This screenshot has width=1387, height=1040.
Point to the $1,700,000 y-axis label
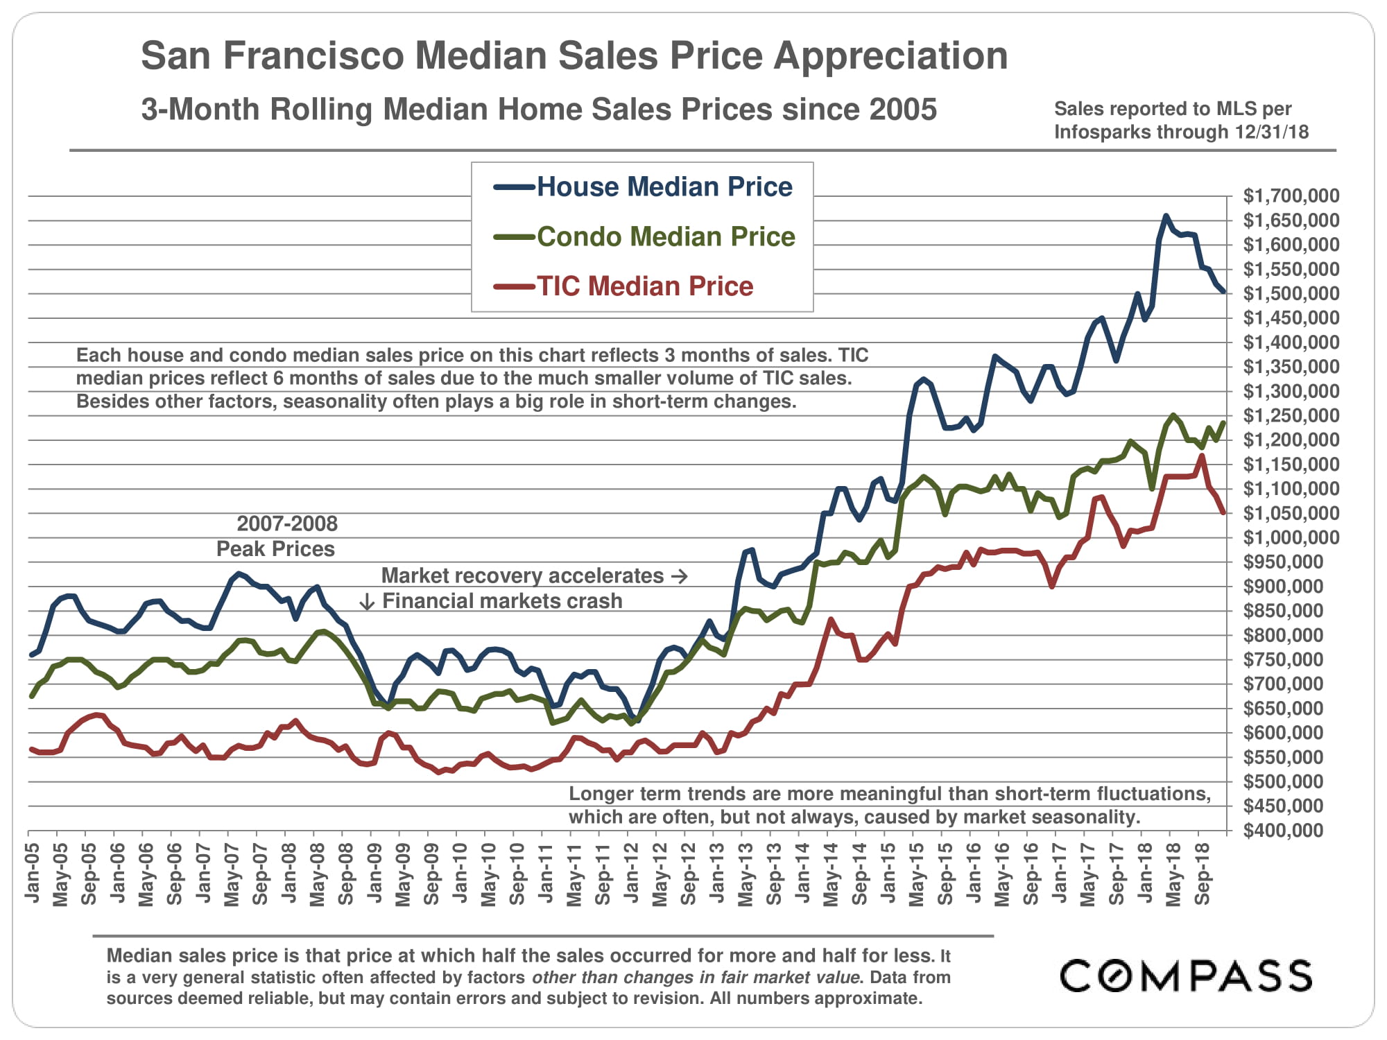tap(1291, 196)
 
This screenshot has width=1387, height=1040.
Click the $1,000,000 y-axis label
tap(1291, 538)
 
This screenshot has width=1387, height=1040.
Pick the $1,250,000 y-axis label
tap(1291, 416)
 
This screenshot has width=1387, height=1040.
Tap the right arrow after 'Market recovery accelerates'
tap(680, 576)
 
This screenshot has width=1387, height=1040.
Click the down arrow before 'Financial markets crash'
tap(367, 601)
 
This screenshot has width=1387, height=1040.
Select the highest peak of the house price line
tap(1166, 216)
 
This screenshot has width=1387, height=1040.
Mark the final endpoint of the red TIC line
tap(1223, 512)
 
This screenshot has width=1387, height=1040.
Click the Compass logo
tap(1186, 976)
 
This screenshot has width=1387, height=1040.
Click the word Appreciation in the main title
tap(890, 55)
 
